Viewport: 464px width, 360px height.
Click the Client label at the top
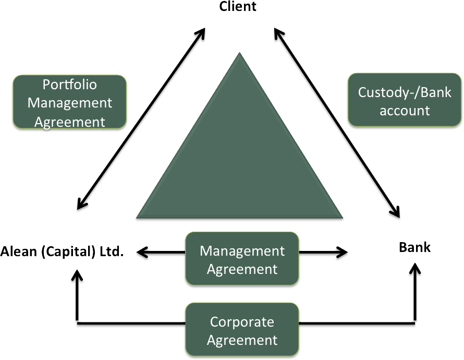[238, 7]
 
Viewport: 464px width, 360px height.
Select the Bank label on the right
[415, 247]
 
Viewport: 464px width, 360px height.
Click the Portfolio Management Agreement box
[70, 102]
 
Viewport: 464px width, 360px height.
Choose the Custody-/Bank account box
[405, 101]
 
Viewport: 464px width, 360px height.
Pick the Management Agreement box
[242, 260]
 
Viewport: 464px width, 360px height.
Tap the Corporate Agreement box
[242, 331]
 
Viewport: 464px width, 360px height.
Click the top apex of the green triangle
[240, 53]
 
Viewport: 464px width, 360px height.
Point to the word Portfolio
[70, 84]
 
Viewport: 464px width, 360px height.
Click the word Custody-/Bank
[405, 92]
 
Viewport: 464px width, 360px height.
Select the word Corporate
[242, 322]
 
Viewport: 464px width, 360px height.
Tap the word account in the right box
[405, 111]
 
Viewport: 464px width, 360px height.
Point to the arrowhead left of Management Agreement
[141, 253]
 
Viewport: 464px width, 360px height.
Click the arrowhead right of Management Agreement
[343, 253]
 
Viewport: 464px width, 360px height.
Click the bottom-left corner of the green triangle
[137, 218]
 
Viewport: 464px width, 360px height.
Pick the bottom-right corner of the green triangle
[343, 218]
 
